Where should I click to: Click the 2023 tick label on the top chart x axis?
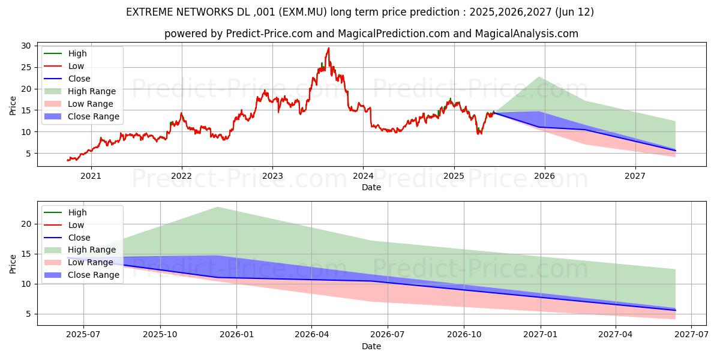pyautogui.click(x=272, y=176)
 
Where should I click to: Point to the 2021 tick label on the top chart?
pyautogui.click(x=91, y=176)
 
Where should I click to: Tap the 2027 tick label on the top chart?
pyautogui.click(x=635, y=176)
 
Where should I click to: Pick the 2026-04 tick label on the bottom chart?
pyautogui.click(x=311, y=335)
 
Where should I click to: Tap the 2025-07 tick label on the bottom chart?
pyautogui.click(x=83, y=335)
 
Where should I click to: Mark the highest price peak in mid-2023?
pyautogui.click(x=328, y=48)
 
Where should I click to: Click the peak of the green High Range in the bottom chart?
pyautogui.click(x=218, y=207)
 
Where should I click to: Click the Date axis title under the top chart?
pyautogui.click(x=371, y=187)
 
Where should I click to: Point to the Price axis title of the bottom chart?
pyautogui.click(x=13, y=263)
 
